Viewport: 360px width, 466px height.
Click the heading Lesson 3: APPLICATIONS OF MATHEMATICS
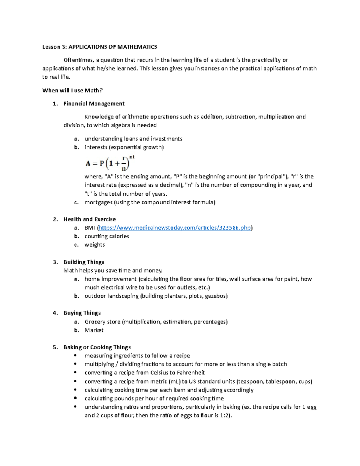(100, 47)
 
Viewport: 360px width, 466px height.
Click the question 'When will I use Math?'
(72, 90)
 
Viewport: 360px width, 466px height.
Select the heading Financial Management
(94, 104)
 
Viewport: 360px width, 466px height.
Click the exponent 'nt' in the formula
(132, 157)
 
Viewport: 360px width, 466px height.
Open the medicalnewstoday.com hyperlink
(175, 228)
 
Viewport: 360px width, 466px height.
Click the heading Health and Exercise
(89, 219)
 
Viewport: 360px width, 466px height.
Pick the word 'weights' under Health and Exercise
(94, 245)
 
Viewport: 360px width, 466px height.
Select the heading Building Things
(84, 262)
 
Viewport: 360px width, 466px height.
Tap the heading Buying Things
(82, 313)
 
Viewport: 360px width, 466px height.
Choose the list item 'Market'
(94, 330)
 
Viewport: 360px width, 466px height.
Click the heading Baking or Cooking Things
(97, 347)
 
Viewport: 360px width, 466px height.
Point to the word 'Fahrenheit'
(190, 373)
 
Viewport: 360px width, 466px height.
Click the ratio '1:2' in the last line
(224, 416)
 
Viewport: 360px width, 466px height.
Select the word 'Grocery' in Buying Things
(94, 322)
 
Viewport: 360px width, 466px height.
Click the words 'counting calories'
(106, 236)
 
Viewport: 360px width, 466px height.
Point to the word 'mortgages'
(98, 202)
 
